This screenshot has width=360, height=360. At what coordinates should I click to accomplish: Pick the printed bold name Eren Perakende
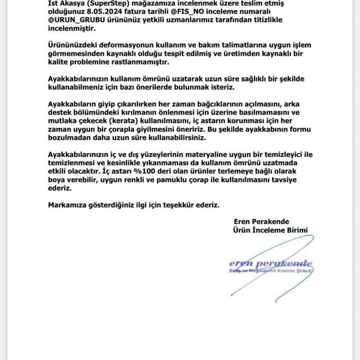click(261, 221)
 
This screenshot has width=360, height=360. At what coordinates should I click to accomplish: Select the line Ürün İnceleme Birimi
click(270, 230)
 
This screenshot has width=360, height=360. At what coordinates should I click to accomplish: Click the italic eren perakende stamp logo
click(270, 264)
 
